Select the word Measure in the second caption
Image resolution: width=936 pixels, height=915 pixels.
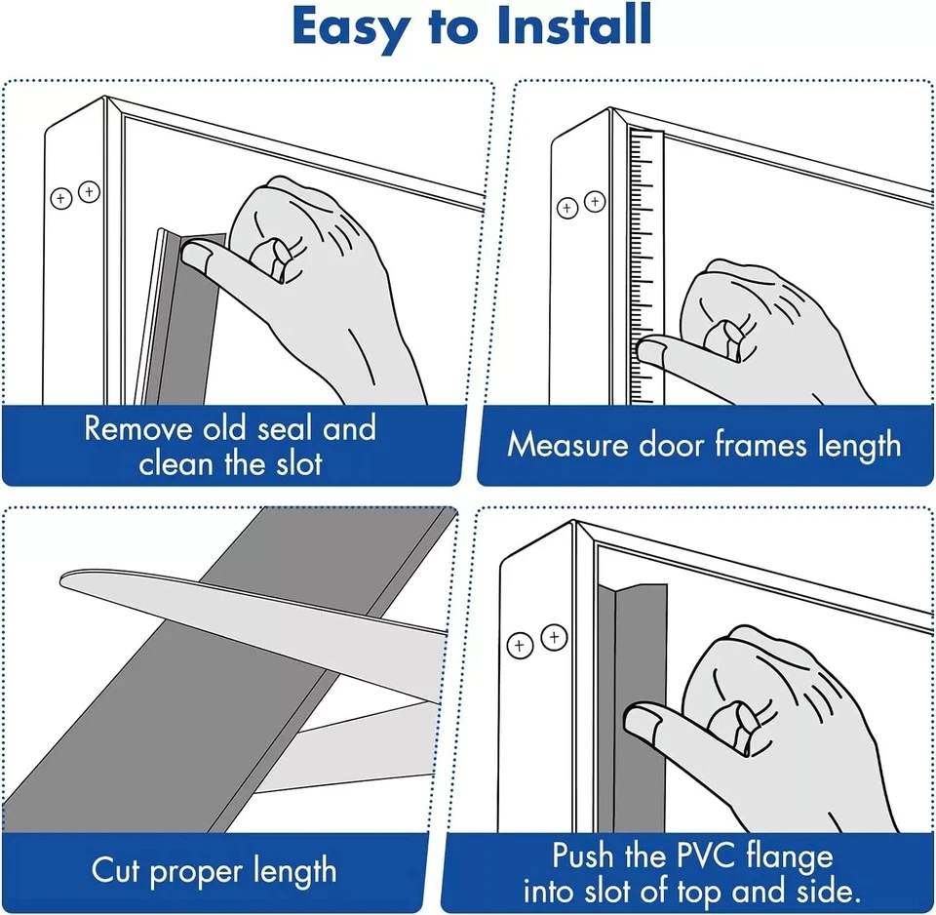567,445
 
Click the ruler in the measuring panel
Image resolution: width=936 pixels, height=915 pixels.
645,263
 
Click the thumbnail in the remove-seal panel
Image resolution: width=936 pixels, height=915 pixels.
201,257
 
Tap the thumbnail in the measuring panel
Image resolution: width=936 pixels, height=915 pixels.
649,347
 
